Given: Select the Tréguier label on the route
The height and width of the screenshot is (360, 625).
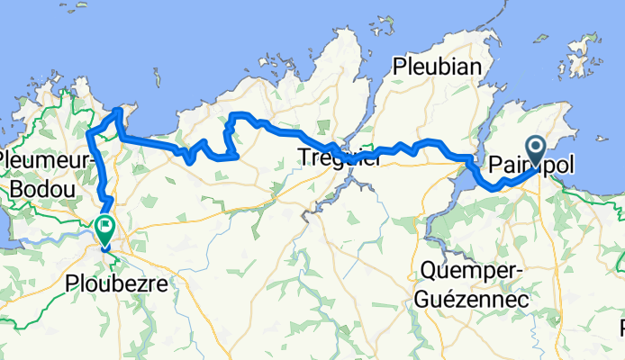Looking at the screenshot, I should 339,159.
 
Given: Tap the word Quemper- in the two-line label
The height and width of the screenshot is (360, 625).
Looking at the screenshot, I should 465,271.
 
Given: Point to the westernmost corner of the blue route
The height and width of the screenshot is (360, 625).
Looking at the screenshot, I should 89,135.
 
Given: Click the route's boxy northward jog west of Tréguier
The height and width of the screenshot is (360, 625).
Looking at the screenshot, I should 230,130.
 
